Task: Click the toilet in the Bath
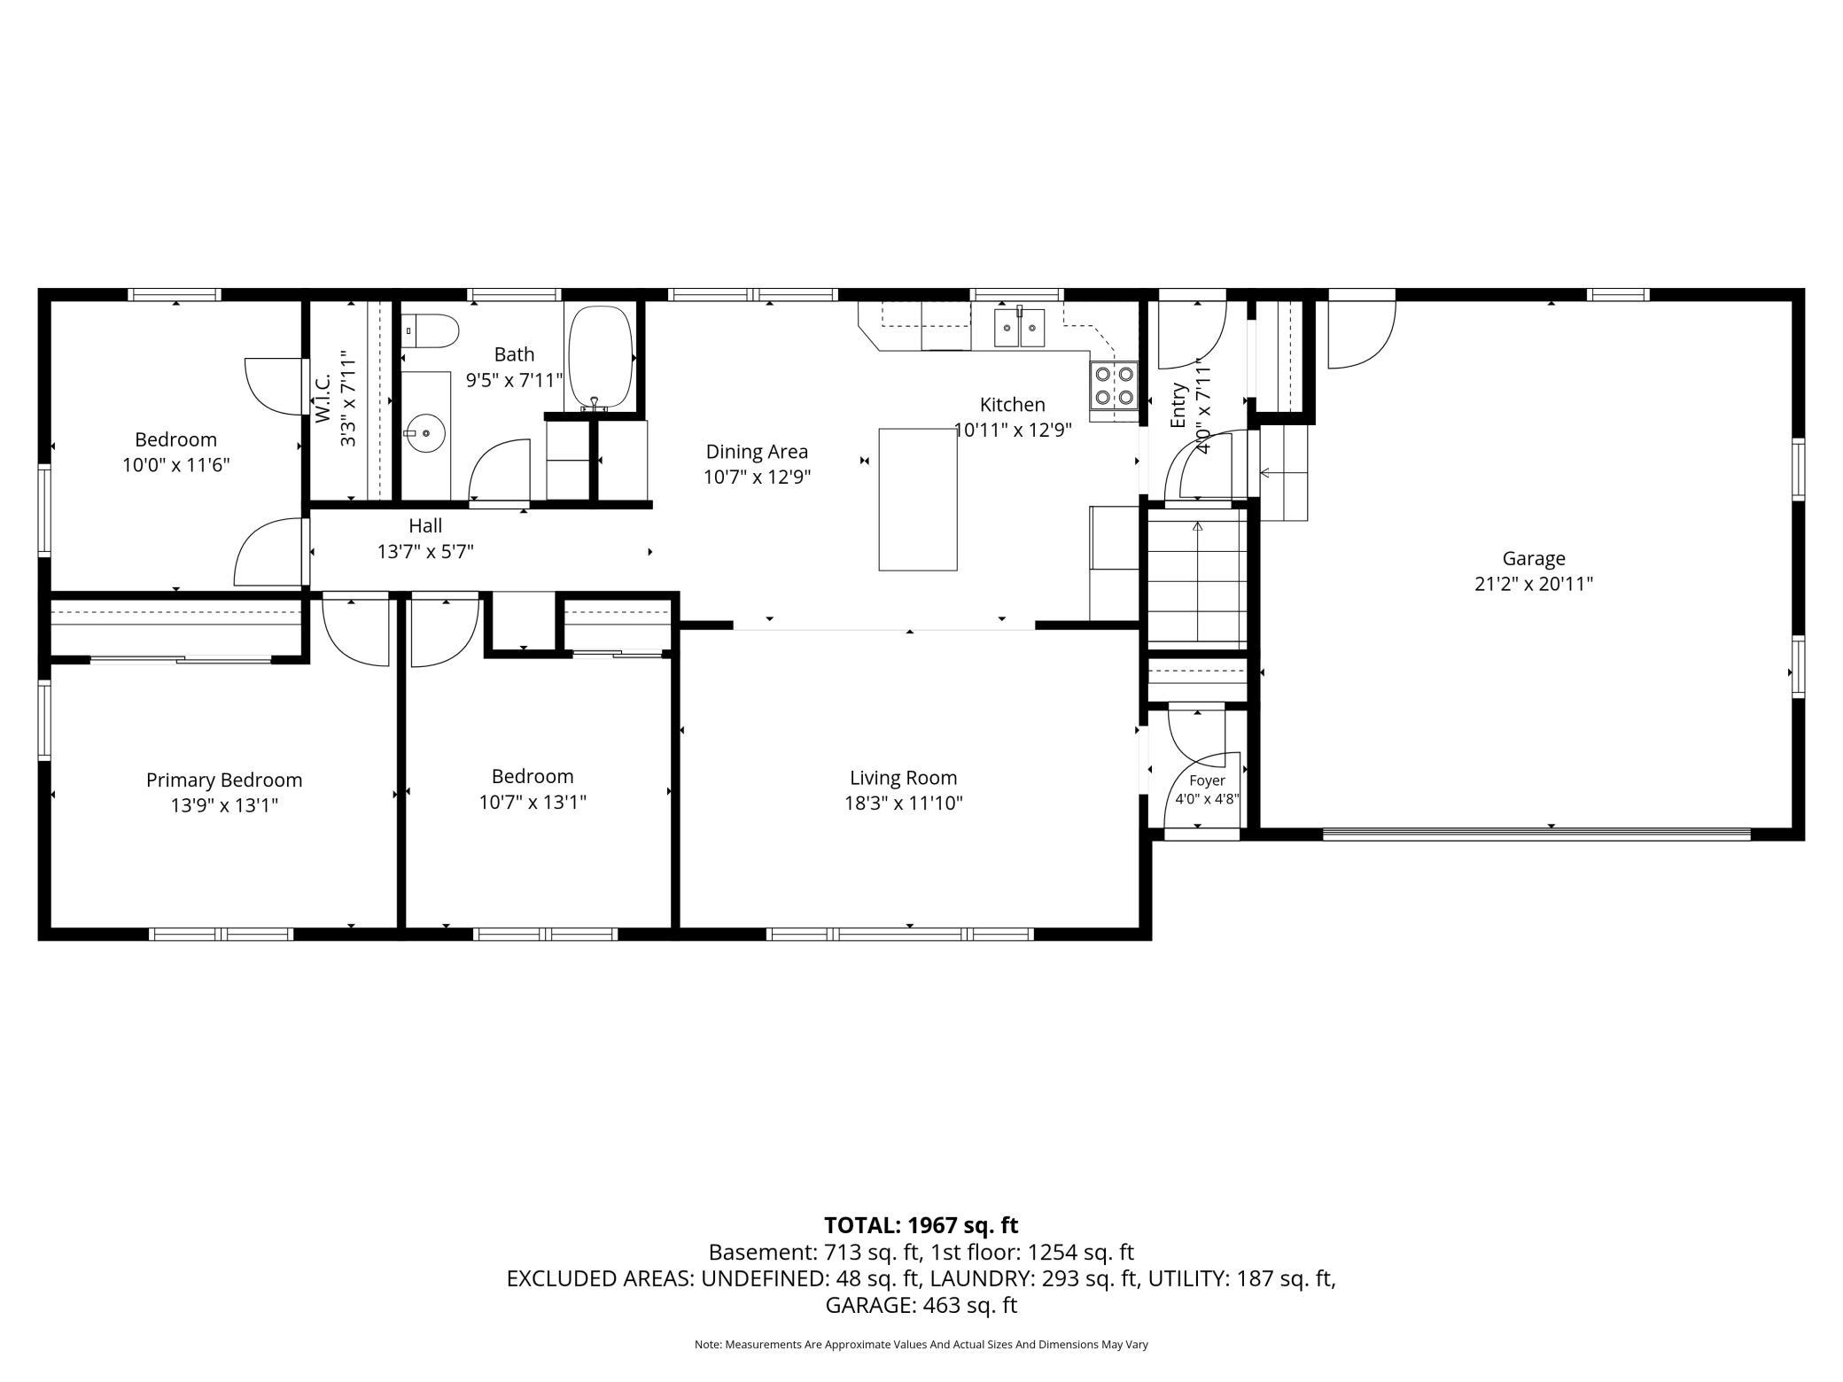click(x=431, y=330)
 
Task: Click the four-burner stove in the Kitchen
click(x=1114, y=384)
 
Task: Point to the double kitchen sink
click(x=1020, y=328)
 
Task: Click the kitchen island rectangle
click(x=918, y=499)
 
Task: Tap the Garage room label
click(x=1534, y=558)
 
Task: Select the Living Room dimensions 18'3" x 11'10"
click(x=904, y=804)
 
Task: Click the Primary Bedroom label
click(x=224, y=780)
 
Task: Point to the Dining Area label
click(x=757, y=452)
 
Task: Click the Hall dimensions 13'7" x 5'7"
click(x=425, y=552)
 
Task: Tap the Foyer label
click(x=1207, y=780)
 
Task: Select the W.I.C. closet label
click(x=323, y=397)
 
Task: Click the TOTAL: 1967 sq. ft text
click(x=921, y=1225)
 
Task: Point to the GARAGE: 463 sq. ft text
click(x=921, y=1305)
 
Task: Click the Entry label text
click(x=1178, y=406)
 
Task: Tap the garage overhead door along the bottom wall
click(x=1536, y=833)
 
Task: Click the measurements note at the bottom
click(x=921, y=1345)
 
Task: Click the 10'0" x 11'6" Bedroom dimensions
click(x=176, y=465)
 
